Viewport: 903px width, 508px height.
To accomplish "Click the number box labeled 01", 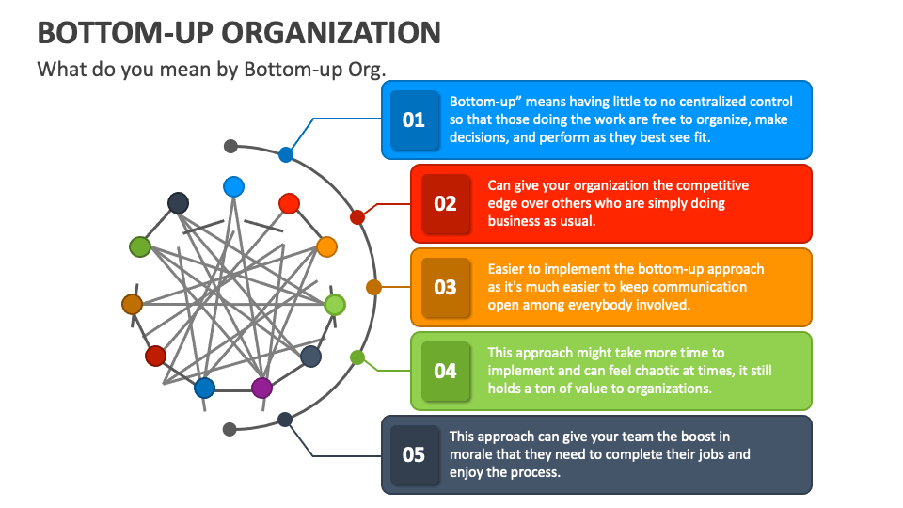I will (x=414, y=120).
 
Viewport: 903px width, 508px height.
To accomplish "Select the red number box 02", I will (x=445, y=203).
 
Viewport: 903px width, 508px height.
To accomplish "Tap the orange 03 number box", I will (x=445, y=287).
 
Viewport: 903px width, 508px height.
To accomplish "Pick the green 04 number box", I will (x=445, y=371).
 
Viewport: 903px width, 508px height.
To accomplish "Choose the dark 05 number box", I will (x=414, y=455).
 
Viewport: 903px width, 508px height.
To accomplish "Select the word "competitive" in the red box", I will (x=712, y=185).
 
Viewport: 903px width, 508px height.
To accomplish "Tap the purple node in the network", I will (x=261, y=388).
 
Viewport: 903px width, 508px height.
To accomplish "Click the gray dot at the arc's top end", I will (x=230, y=146).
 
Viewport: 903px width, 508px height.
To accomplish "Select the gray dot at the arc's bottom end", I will (x=230, y=429).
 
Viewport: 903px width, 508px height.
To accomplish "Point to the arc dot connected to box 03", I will (x=373, y=287).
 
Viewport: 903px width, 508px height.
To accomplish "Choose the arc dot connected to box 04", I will (x=357, y=357).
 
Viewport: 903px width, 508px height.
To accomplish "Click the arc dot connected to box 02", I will (x=357, y=217).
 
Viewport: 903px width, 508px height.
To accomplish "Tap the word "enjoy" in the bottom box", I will (x=467, y=472).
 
